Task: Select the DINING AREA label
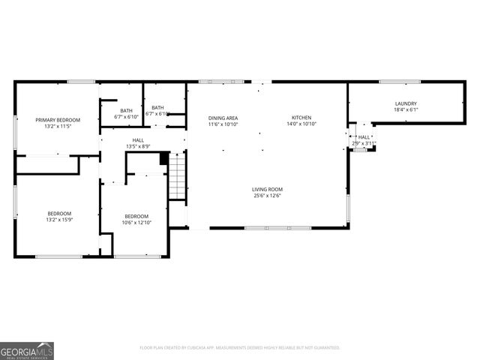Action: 223,118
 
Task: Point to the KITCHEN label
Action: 301,118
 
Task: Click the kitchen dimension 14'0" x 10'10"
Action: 301,124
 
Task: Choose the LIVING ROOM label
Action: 267,189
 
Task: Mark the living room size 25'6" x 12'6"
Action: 267,196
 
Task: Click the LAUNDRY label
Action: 406,103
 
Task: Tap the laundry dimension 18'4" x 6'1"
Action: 406,110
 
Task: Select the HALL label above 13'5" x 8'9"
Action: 139,139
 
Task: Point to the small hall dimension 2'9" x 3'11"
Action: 364,142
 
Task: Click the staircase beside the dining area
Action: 176,175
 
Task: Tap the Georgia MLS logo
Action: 27,350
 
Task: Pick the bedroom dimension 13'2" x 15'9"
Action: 59,220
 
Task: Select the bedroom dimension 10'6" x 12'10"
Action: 137,222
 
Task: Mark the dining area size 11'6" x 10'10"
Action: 223,124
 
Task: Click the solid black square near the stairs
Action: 164,158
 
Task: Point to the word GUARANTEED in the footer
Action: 325,348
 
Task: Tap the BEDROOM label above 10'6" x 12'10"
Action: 137,215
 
